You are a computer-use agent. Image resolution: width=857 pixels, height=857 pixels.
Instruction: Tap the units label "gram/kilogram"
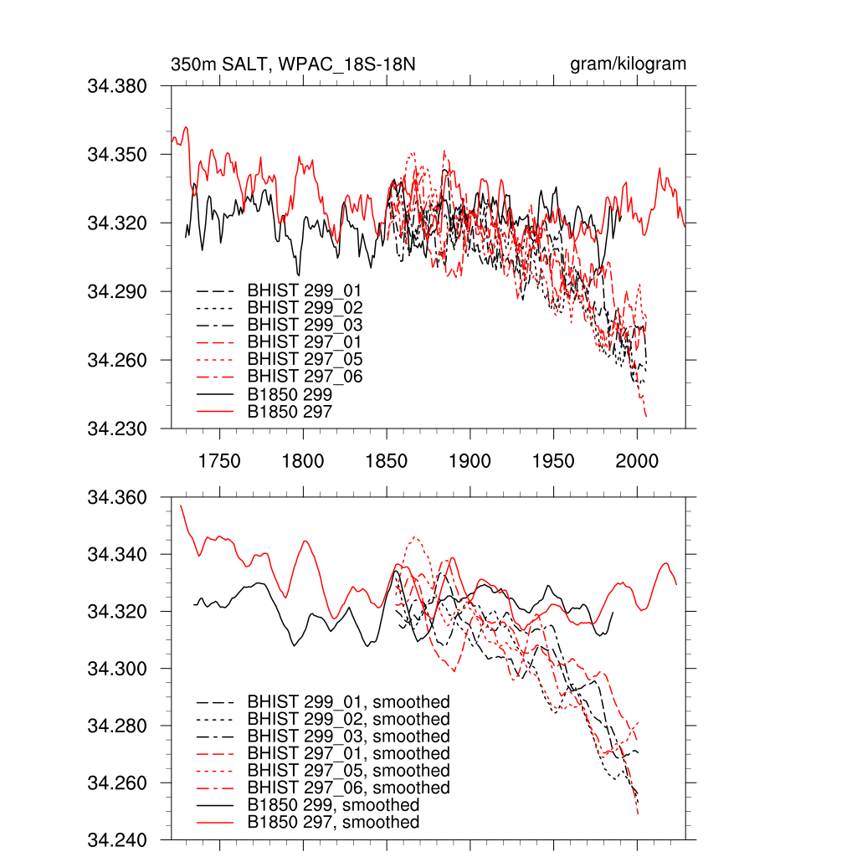click(628, 64)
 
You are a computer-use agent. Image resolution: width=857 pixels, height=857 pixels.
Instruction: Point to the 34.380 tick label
click(117, 86)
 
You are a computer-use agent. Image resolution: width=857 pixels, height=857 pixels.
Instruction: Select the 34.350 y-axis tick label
click(117, 155)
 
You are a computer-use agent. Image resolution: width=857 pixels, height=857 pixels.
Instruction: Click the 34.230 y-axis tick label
click(117, 429)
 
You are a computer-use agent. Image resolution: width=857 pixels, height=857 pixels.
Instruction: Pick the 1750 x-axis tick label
click(219, 461)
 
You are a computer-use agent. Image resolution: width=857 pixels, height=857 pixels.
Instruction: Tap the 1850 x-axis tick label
click(387, 461)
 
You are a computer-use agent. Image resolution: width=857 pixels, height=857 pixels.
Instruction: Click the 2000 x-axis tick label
click(637, 461)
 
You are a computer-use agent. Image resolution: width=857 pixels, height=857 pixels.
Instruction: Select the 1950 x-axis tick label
click(553, 461)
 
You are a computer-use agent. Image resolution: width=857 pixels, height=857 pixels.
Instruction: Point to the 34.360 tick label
click(117, 498)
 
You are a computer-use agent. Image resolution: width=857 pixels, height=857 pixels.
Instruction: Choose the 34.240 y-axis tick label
click(117, 840)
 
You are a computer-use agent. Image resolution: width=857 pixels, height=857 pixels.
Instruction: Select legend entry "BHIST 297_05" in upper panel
click(305, 360)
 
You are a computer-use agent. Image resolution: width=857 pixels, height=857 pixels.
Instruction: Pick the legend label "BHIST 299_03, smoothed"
click(348, 736)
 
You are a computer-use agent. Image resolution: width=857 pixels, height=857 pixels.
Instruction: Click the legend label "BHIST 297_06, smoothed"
click(348, 788)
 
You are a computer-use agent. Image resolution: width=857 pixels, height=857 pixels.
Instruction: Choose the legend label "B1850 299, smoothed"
click(333, 805)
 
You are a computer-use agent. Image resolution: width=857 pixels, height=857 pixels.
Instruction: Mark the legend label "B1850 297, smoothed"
click(333, 823)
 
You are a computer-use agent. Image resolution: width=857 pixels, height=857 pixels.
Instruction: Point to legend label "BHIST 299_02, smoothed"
click(348, 720)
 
